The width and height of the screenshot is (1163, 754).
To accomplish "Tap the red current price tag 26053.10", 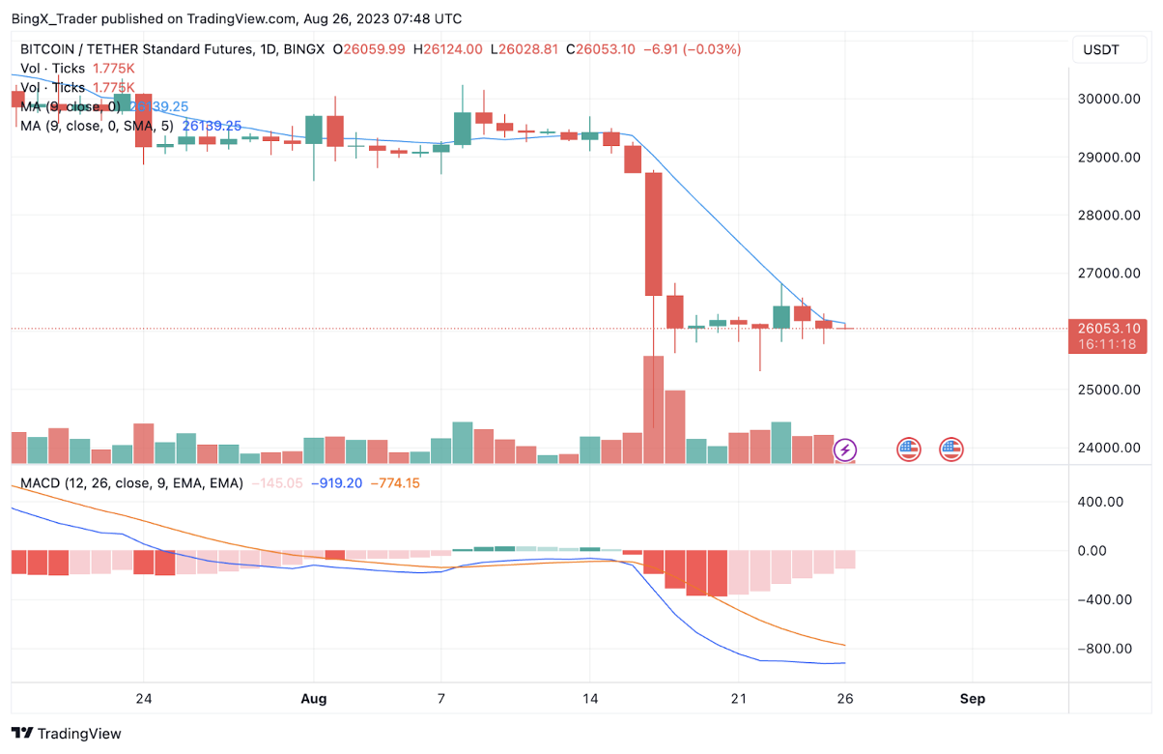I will pos(1106,329).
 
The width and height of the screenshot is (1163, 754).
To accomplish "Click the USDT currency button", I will pos(1101,50).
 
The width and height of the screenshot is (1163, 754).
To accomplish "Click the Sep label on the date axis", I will pos(972,698).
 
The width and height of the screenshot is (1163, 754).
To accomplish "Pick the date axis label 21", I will pos(739,698).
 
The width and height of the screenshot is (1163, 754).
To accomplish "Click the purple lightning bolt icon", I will pos(845,449).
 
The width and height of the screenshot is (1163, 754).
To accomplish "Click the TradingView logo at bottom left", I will pos(67,734).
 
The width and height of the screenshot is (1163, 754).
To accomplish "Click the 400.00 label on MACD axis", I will pos(1100,502).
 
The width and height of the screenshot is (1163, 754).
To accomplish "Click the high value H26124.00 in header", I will pos(447,49).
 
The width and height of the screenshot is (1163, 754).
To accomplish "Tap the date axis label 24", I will pos(144,698).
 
